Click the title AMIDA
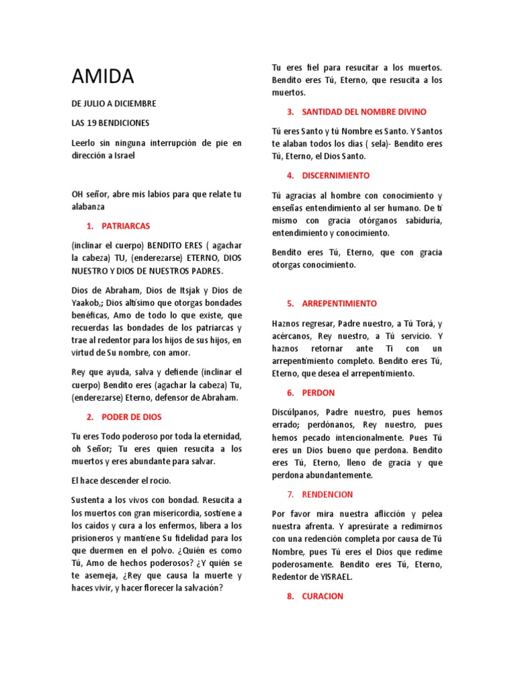(103, 77)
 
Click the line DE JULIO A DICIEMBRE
(114, 104)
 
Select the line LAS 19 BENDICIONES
(110, 123)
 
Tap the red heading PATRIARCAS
(126, 226)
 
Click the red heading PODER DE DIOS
(131, 417)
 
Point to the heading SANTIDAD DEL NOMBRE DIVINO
(364, 112)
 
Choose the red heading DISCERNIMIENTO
(336, 175)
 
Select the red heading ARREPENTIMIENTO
(339, 303)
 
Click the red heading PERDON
(319, 393)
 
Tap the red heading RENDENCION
(327, 494)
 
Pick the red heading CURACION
(323, 596)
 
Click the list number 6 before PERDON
(290, 393)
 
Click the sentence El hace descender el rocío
(121, 480)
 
